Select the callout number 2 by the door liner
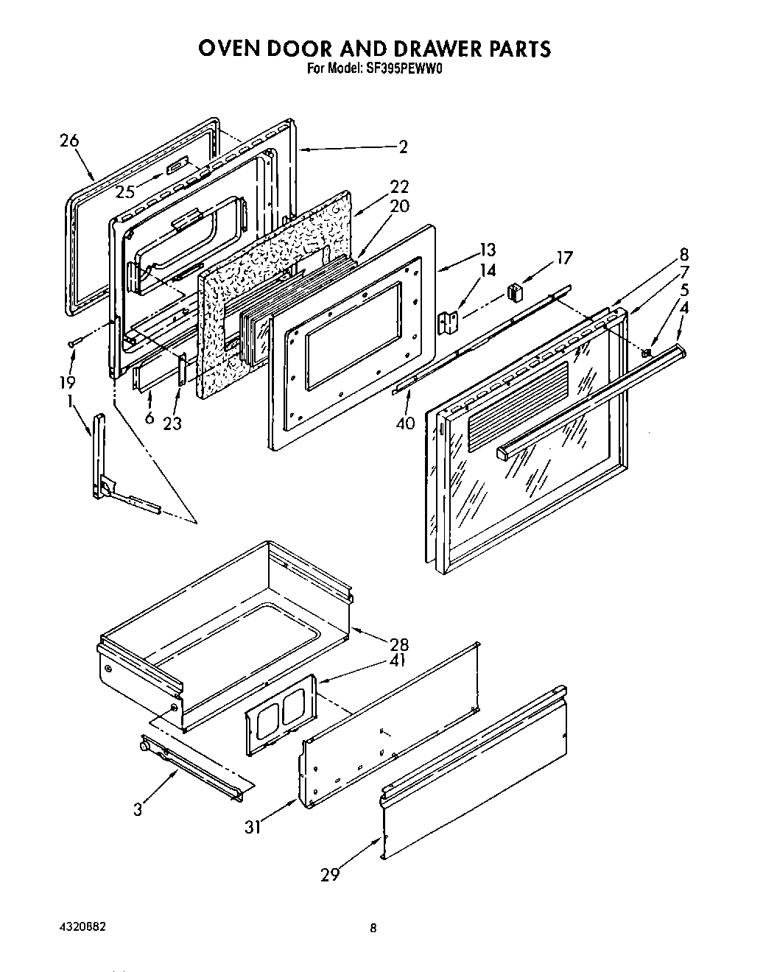(x=402, y=146)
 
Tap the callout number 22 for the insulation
(x=399, y=186)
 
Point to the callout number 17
(x=564, y=258)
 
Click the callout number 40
(x=405, y=423)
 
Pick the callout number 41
(x=399, y=661)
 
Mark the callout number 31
(x=253, y=827)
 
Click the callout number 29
(x=330, y=875)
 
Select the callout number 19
(x=68, y=382)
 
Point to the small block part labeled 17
(x=515, y=292)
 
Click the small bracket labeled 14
(x=447, y=323)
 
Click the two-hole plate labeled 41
(x=281, y=714)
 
